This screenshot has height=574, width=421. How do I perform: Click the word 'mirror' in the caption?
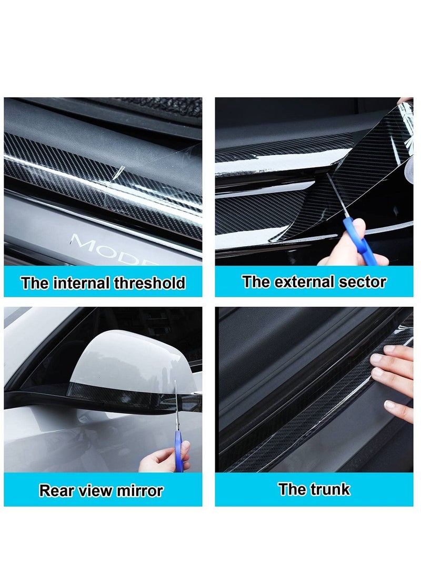[x=139, y=490]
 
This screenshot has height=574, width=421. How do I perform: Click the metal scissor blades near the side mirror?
[x=176, y=406]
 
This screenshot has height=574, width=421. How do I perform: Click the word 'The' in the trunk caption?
[x=293, y=489]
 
